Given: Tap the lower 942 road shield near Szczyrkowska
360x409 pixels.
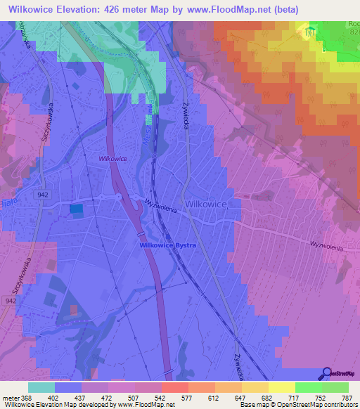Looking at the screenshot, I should (x=11, y=300).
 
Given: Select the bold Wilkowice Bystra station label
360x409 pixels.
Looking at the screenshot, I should (x=167, y=245).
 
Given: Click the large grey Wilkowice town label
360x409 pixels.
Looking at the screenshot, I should (x=205, y=203).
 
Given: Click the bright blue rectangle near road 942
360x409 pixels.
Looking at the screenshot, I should (x=75, y=209).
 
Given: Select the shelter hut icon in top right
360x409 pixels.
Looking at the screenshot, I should (x=310, y=30).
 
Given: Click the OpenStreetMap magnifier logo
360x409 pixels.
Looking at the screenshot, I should (x=327, y=374).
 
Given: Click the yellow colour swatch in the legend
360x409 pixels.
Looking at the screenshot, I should (x=282, y=387).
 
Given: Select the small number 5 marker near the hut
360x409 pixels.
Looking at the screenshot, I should (x=323, y=50).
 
